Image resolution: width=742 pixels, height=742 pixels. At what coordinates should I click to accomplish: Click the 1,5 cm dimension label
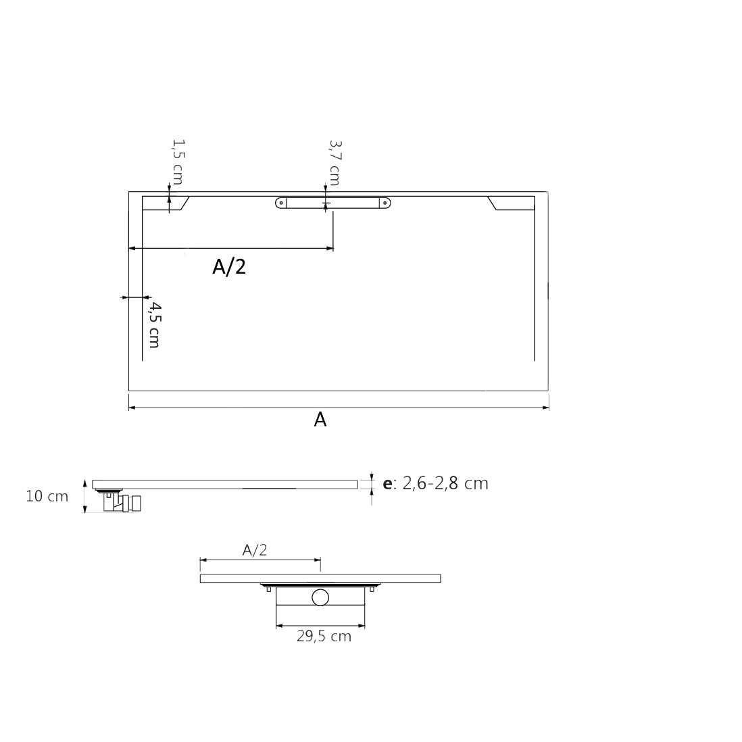coord(178,162)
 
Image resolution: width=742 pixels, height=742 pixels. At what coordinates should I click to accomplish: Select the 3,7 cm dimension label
coord(335,163)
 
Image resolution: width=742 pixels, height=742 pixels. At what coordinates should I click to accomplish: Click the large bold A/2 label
coord(229,267)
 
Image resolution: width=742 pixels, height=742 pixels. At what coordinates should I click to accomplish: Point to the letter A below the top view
coord(320,420)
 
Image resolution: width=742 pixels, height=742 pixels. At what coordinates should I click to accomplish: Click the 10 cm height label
coord(47,497)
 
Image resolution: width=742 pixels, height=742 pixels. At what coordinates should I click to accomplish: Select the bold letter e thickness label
coord(387,484)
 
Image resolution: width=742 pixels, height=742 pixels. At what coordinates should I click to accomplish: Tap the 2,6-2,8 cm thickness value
coord(445,483)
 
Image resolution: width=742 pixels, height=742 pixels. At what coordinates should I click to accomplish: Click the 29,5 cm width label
coord(324,637)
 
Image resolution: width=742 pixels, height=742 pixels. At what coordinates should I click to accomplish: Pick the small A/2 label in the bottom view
coord(255,550)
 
